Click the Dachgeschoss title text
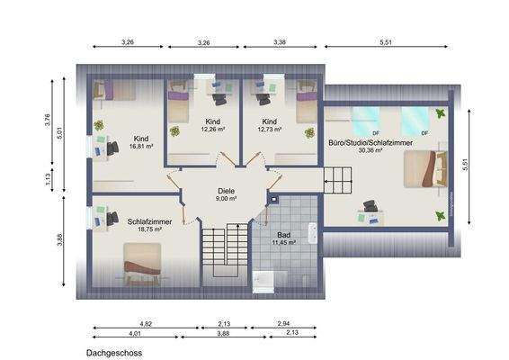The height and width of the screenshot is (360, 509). click(x=114, y=354)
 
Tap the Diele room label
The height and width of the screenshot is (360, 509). click(x=226, y=191)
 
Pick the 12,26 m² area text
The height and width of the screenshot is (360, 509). click(x=214, y=129)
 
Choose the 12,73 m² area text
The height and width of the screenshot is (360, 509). click(x=270, y=129)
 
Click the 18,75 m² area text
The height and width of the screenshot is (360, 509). click(x=144, y=229)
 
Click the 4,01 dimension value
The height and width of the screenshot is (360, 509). click(x=135, y=334)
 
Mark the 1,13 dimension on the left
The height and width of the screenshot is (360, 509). click(x=47, y=179)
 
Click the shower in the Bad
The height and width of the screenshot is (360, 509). click(x=270, y=280)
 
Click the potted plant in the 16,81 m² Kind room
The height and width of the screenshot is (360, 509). click(x=99, y=125)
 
